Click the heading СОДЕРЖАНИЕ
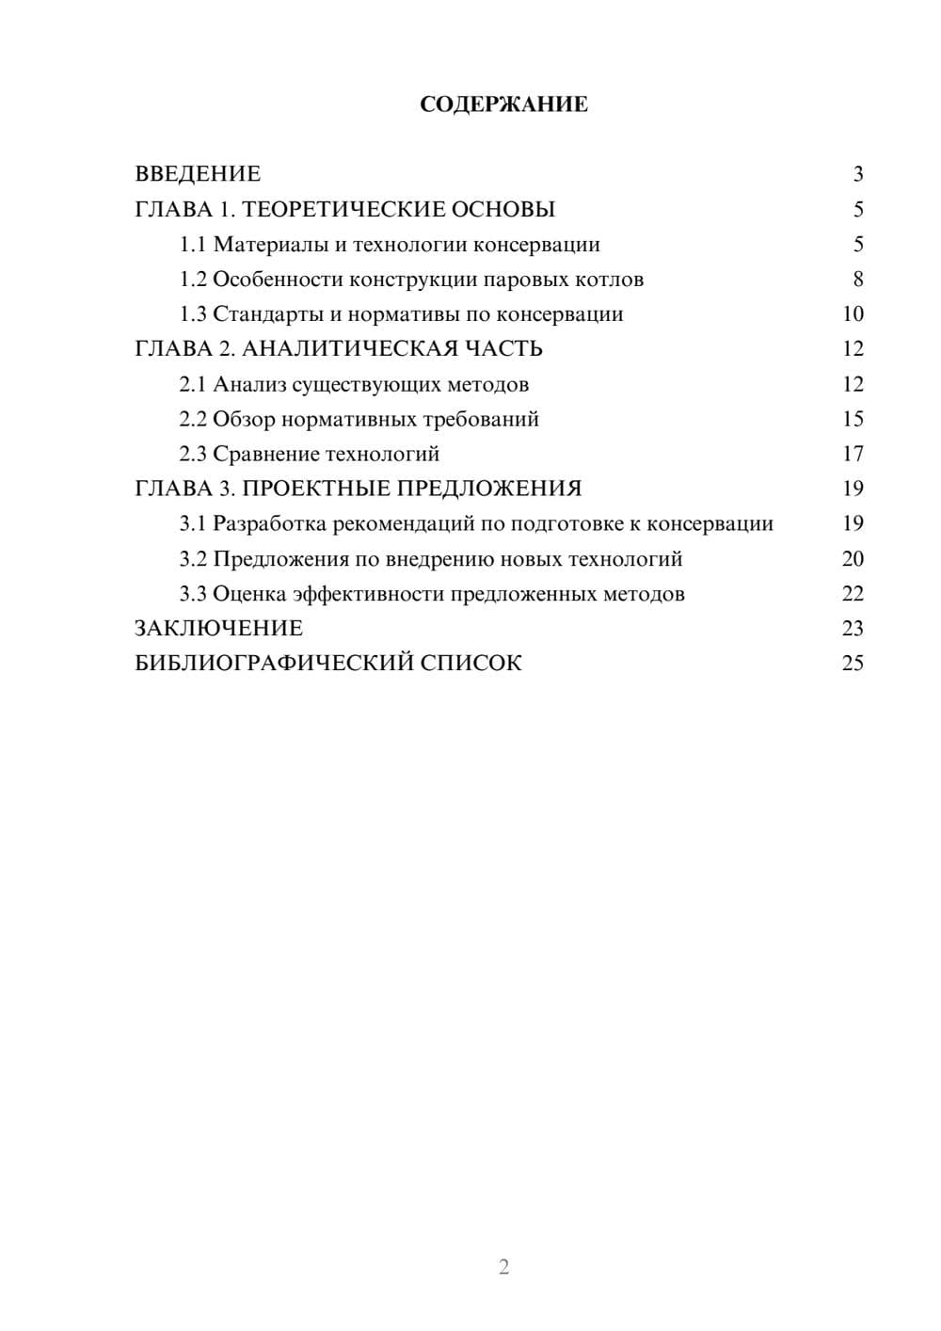tap(503, 104)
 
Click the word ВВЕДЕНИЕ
tap(198, 174)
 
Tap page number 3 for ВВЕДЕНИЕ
tap(857, 174)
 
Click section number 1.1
tap(193, 245)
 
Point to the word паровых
tap(530, 280)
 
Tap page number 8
tap(857, 280)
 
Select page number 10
tap(853, 314)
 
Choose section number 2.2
tap(193, 419)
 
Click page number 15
tap(853, 419)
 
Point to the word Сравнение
tap(266, 454)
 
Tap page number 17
tap(853, 454)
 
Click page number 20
tap(853, 559)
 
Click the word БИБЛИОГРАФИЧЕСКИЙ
tap(273, 664)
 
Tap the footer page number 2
tap(503, 1267)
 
